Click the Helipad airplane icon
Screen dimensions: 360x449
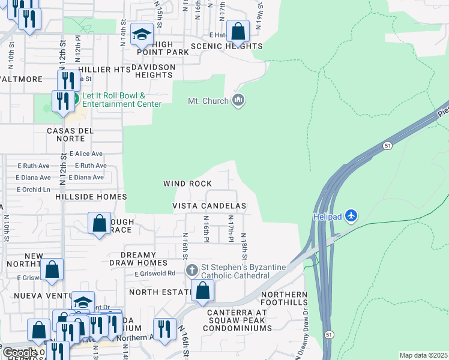(351, 215)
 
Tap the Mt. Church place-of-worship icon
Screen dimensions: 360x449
(238, 100)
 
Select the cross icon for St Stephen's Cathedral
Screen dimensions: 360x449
(192, 270)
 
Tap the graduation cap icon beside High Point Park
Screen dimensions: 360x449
(142, 35)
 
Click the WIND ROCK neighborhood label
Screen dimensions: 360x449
(188, 184)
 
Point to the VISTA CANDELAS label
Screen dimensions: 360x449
(209, 206)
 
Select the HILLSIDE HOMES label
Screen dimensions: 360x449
(91, 197)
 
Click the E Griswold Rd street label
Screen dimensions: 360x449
(155, 273)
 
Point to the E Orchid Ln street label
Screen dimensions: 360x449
(34, 190)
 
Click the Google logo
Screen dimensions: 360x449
(20, 353)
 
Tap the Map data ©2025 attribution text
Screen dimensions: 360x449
(423, 355)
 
